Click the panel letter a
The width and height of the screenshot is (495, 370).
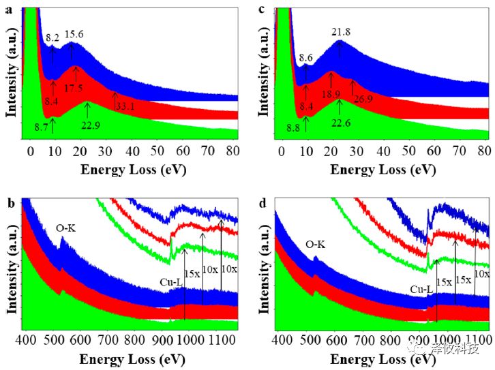[x=5, y=10]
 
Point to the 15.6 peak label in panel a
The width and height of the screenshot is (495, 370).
[x=74, y=33]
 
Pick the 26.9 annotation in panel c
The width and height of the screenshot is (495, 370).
[x=362, y=99]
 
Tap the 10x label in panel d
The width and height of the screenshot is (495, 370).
[x=481, y=273]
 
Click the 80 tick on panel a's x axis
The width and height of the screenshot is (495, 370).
[x=232, y=151]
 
